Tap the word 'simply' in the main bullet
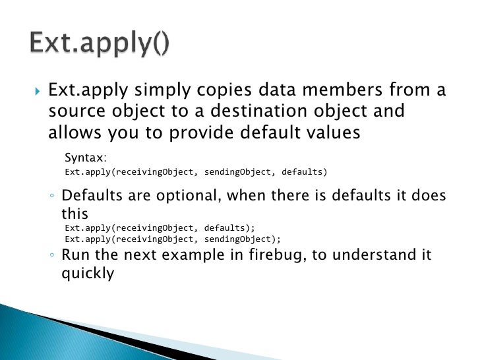click(153, 89)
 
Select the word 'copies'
click(212, 89)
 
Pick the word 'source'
click(75, 110)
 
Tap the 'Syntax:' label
click(86, 158)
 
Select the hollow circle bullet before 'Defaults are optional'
click(52, 196)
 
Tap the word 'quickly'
click(88, 272)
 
